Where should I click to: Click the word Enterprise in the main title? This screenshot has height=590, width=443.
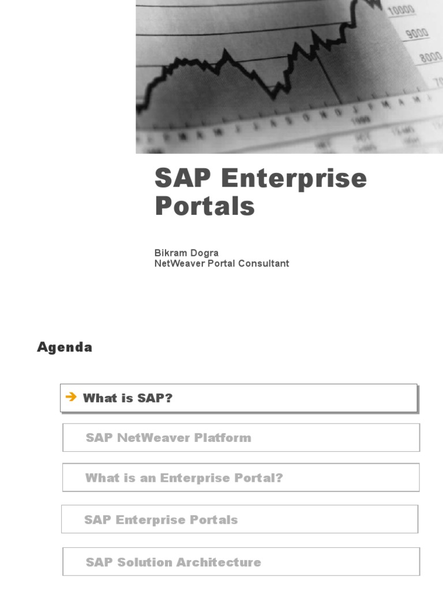[x=294, y=179]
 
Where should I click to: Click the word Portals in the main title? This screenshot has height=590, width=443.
[x=204, y=206]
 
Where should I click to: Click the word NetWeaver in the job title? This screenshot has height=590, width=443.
[x=177, y=263]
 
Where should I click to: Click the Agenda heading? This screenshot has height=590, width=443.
[x=65, y=347]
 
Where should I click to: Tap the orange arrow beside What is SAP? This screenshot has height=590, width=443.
[x=72, y=397]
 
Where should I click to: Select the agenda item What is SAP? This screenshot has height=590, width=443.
[x=127, y=398]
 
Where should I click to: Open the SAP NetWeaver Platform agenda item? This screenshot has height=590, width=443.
[x=168, y=438]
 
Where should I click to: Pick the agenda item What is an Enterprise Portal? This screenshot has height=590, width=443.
[x=184, y=478]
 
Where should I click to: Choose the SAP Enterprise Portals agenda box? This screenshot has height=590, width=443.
[x=161, y=520]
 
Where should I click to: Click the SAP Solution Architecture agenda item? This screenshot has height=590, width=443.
[x=173, y=562]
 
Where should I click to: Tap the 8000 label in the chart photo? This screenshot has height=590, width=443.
[x=430, y=58]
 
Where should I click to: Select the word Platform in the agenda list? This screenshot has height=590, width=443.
[x=223, y=438]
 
